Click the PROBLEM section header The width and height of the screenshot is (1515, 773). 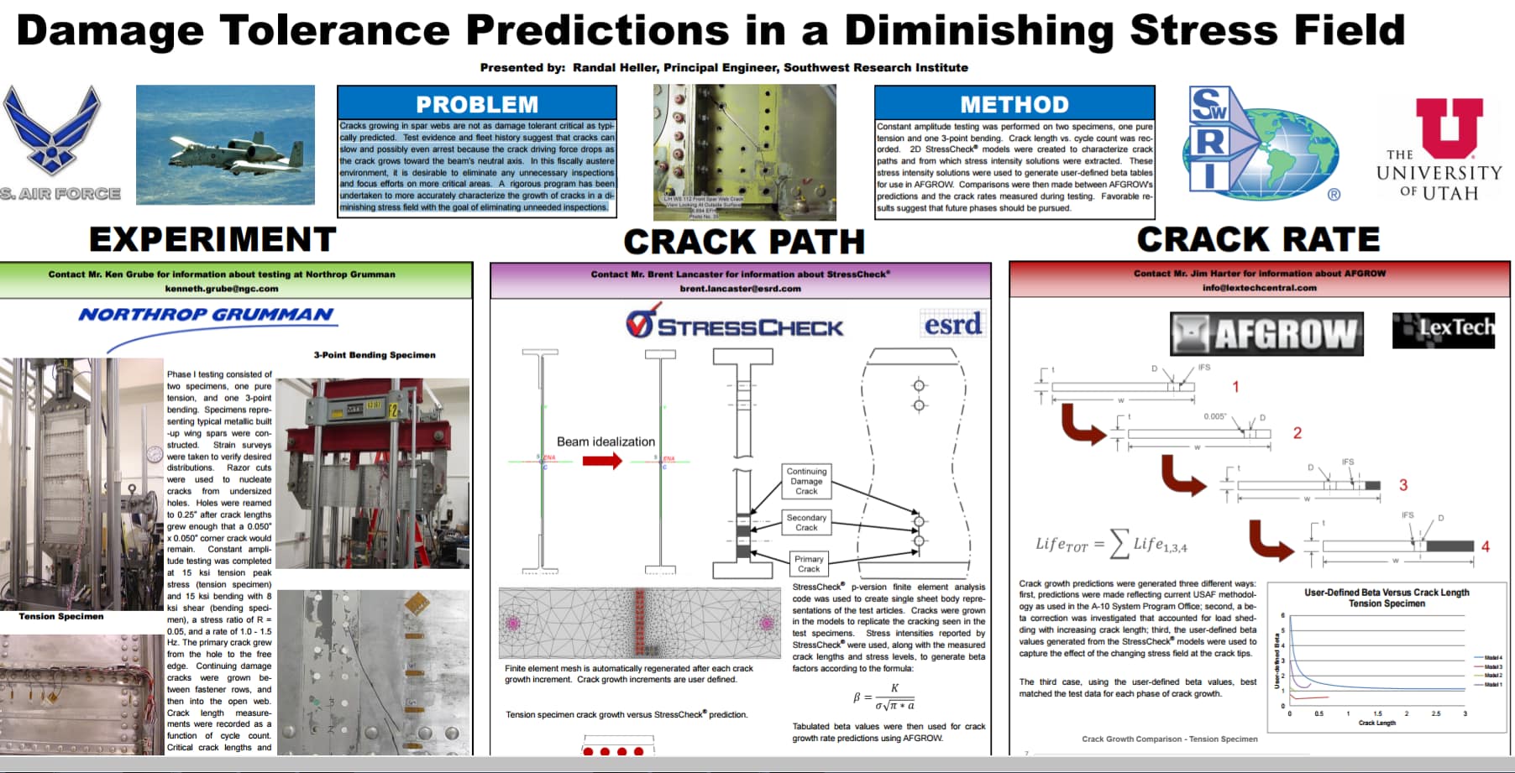click(477, 104)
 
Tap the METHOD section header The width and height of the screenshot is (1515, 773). click(1014, 104)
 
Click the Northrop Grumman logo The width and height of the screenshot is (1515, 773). click(207, 316)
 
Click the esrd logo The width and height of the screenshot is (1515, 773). click(953, 324)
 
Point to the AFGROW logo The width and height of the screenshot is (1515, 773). click(1266, 334)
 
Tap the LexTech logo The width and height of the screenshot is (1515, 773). click(1444, 329)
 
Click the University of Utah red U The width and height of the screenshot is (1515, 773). click(1449, 128)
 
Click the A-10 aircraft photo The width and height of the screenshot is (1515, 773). click(225, 144)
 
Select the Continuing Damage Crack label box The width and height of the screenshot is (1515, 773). click(806, 482)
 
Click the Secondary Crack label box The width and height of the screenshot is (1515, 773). click(806, 522)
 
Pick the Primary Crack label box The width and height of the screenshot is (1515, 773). click(809, 563)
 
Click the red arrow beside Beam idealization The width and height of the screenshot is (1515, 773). click(602, 460)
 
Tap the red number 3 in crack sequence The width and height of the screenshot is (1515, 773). click(1403, 485)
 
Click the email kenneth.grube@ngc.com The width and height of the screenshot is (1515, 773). click(222, 289)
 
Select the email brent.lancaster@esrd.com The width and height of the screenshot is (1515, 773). click(740, 289)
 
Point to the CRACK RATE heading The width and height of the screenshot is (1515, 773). click(1258, 240)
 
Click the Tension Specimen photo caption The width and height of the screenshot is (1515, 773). click(61, 616)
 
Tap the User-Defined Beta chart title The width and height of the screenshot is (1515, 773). click(1387, 598)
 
